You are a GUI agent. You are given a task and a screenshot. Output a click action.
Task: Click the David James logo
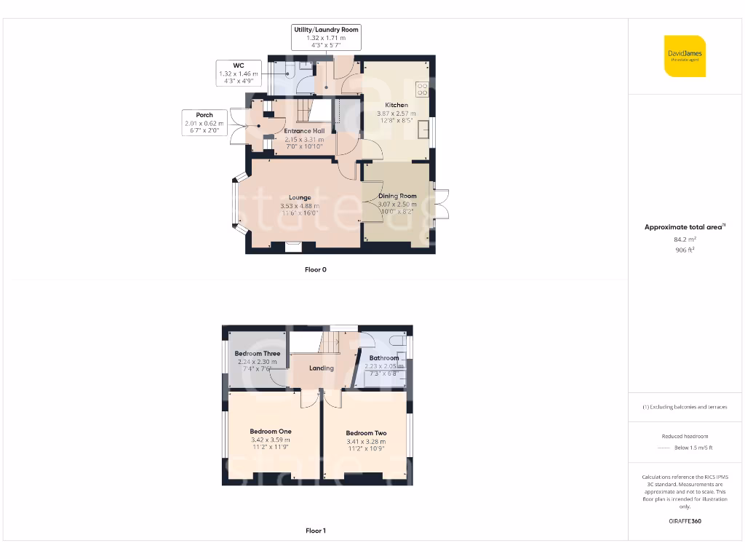point(685,56)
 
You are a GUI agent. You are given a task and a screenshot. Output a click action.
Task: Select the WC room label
point(238,66)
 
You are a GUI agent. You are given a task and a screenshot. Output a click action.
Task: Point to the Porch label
point(204,115)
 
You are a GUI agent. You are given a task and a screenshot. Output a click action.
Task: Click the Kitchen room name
point(397,106)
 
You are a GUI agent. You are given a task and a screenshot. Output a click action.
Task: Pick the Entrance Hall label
point(304,131)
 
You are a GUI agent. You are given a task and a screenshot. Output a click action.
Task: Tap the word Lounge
point(300,197)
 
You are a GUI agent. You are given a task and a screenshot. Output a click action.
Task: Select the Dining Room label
point(397,196)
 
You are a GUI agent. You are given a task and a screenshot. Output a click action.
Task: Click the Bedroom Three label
point(257,354)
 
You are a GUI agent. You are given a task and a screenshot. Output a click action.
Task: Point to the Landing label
point(322,368)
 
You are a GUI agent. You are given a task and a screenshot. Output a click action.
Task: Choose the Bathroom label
point(383,358)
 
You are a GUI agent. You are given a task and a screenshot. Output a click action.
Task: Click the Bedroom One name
point(270,432)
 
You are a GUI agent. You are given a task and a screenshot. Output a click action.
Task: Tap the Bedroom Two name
point(366,433)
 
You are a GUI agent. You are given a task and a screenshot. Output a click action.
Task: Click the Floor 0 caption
point(316,270)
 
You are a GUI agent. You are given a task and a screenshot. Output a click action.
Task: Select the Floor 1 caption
point(316,531)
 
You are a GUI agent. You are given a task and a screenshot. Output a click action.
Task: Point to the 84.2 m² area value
point(685,239)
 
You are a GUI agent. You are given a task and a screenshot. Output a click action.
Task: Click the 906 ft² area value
point(685,250)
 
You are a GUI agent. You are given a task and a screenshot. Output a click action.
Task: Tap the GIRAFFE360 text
point(685,521)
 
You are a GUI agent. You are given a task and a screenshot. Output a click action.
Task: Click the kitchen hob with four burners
point(422,90)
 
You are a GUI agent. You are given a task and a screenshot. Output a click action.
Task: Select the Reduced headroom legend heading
point(685,436)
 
